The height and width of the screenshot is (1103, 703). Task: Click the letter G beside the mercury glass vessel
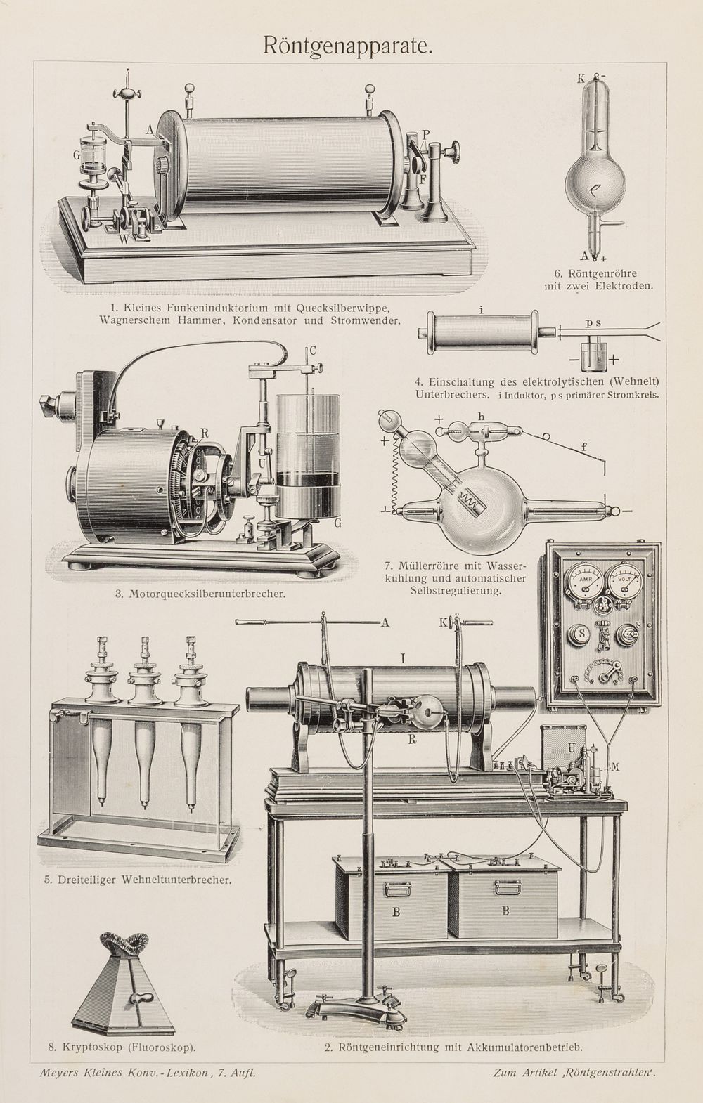77,155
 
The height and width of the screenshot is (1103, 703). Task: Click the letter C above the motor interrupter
312,351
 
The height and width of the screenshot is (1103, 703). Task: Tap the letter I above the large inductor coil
403,658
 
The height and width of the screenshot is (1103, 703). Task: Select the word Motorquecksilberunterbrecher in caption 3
207,594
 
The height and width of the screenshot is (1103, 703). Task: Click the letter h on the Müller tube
482,417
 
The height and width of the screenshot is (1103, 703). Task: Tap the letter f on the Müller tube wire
584,448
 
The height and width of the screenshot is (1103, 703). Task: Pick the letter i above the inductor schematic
480,310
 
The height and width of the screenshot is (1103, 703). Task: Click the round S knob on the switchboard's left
581,634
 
